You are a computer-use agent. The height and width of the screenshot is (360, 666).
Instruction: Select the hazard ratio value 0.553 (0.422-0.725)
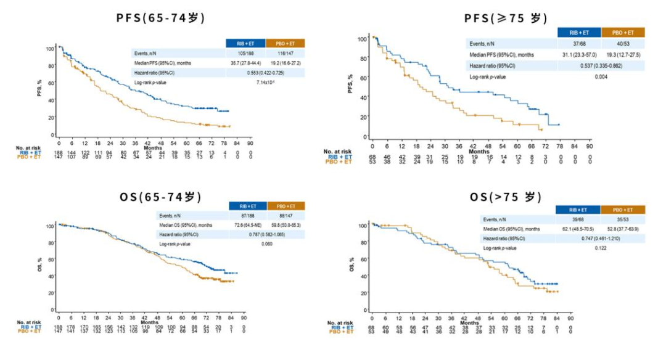point(266,72)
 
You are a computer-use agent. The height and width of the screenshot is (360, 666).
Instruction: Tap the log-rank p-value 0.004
point(601,76)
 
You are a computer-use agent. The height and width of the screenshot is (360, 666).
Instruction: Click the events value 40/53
point(623,44)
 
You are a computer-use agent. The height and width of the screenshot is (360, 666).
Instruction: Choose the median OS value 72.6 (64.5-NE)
point(246,225)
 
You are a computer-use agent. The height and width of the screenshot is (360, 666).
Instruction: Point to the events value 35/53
point(623,219)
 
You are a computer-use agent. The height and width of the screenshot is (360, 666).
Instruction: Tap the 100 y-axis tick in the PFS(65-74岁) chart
point(49,48)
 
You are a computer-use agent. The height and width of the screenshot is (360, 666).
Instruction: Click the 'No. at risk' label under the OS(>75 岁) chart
point(337,322)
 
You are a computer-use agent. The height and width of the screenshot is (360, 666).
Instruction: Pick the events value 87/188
point(246,216)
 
